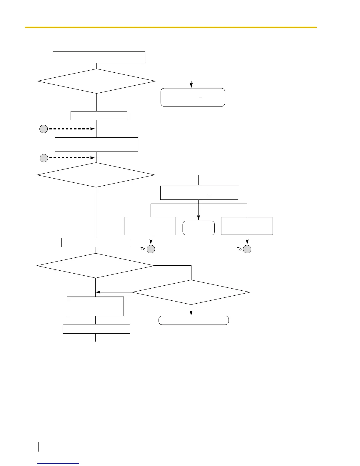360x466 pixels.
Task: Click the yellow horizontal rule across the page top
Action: pos(171,27)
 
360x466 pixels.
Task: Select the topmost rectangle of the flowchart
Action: pos(99,57)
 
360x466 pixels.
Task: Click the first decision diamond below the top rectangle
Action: pos(96,81)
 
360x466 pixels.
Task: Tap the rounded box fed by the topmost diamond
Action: pos(193,97)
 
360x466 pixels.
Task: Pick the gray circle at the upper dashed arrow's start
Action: pos(44,129)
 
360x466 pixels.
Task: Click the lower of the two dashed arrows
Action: pos(72,158)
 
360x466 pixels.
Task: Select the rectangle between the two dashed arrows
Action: pos(96,144)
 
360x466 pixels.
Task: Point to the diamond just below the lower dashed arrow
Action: pos(96,175)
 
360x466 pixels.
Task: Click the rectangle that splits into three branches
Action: pos(199,193)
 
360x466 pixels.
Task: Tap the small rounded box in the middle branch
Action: pos(199,228)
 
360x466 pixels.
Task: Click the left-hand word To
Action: pos(143,249)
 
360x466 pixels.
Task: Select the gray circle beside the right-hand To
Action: pos(247,249)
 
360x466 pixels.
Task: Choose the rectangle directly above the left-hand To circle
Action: pos(150,226)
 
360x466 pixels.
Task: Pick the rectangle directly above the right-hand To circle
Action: pos(247,226)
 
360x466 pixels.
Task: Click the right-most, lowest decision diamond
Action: pos(191,292)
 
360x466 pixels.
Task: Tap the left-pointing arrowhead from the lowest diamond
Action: pos(98,292)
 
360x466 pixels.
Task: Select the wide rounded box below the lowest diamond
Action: pos(194,320)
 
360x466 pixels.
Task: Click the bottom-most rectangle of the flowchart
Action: pos(96,329)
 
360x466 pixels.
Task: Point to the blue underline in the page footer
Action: pos(58,463)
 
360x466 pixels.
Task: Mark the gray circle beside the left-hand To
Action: pos(151,249)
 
